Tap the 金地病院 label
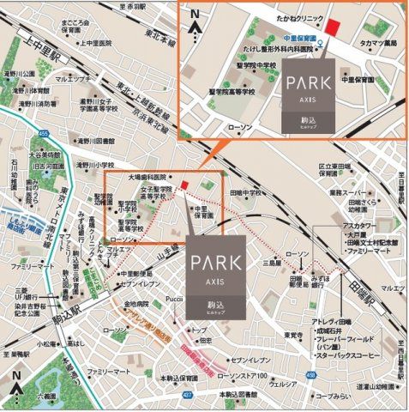pos(135,304)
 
